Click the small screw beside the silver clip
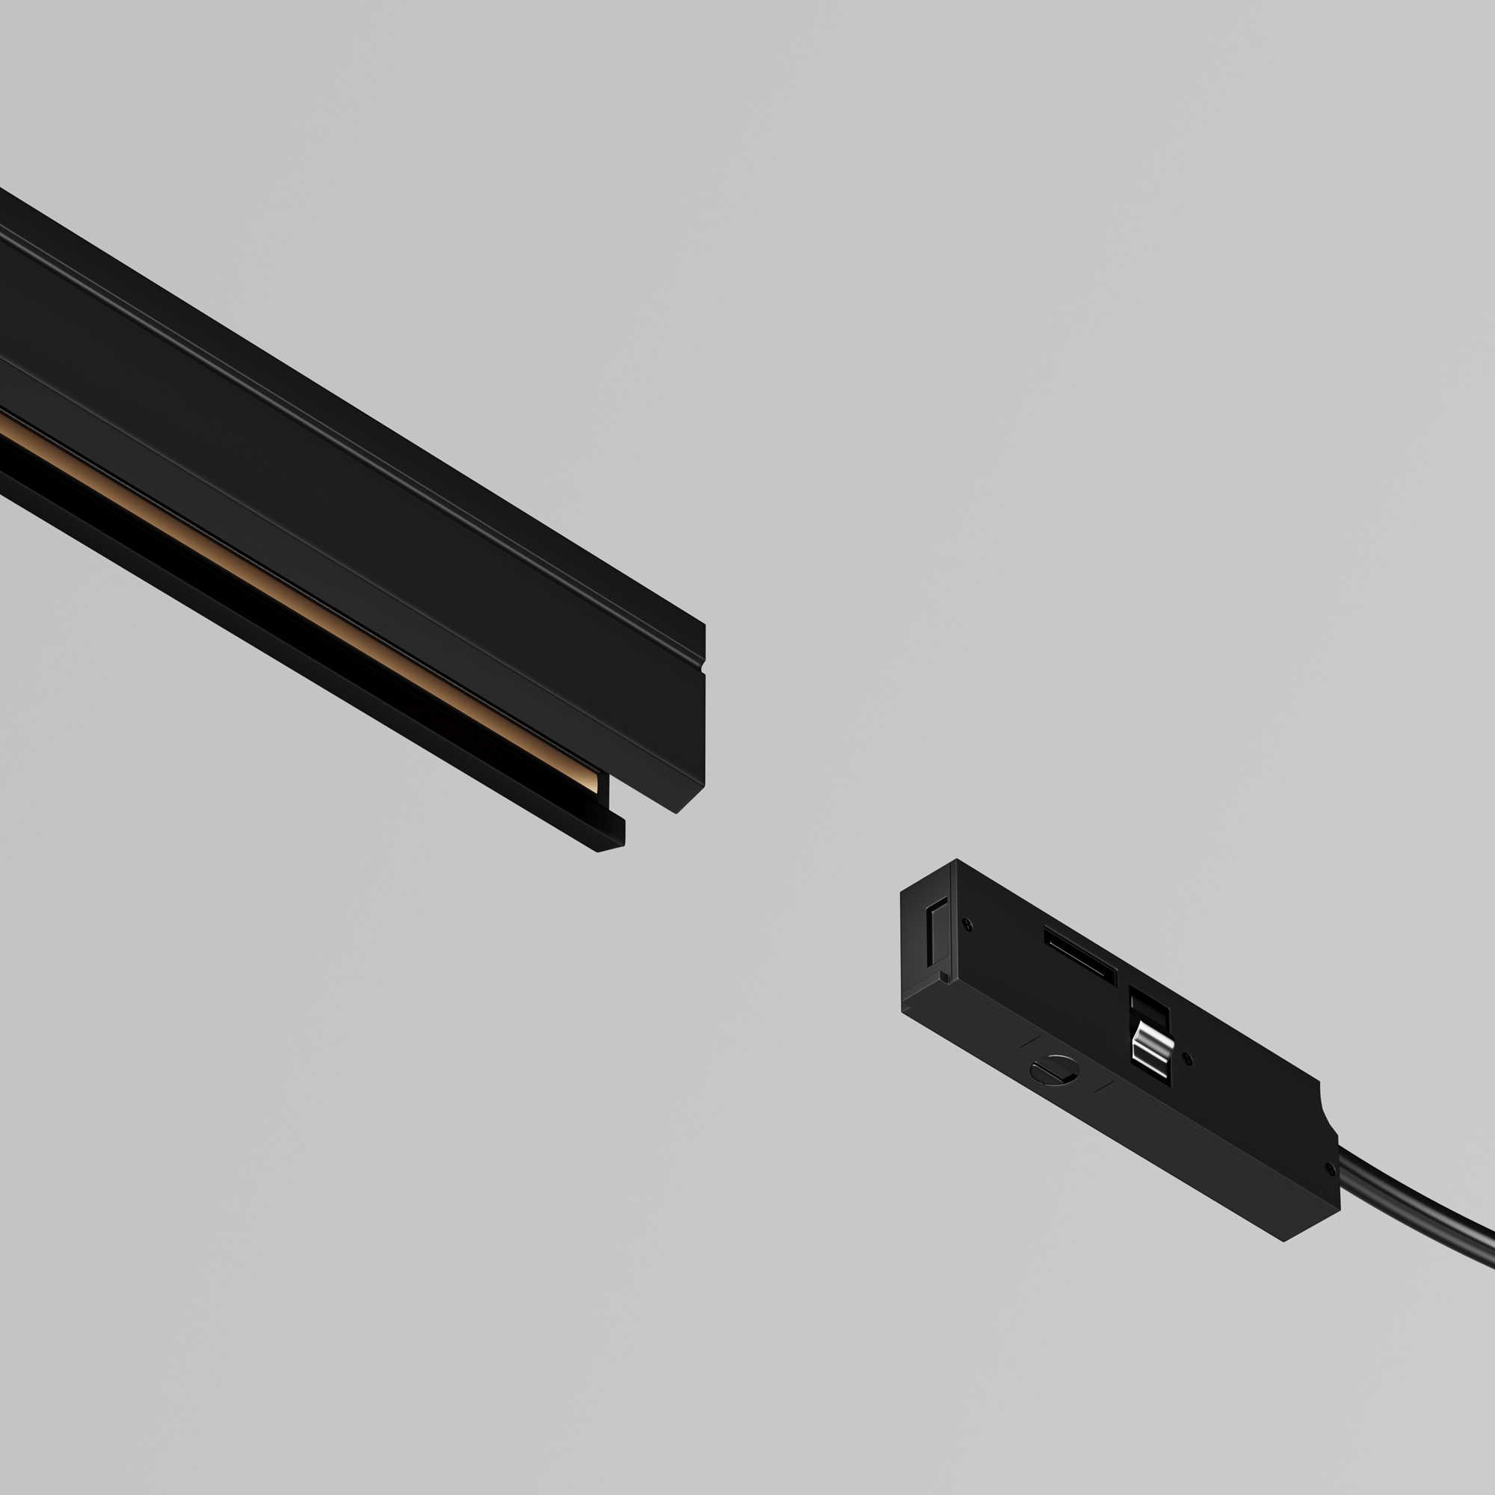point(1189,1058)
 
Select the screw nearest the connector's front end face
point(967,923)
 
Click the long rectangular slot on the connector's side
point(1080,955)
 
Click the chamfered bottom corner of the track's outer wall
point(690,799)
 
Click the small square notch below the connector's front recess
point(945,977)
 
